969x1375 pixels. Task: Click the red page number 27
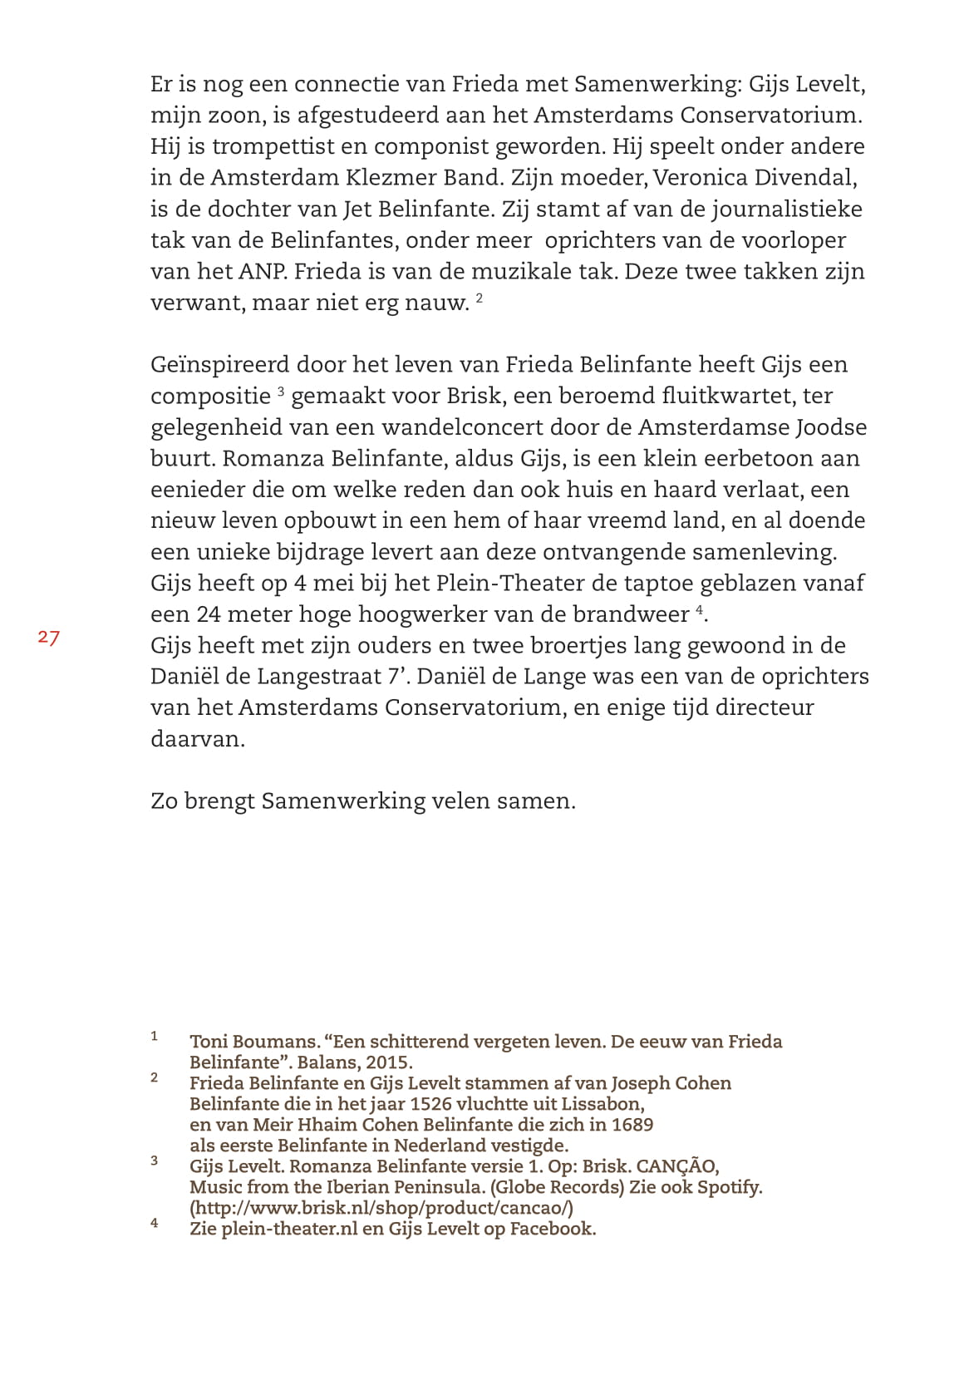[48, 638]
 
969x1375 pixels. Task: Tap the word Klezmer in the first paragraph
[402, 178]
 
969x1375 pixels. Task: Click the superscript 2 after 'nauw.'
[480, 298]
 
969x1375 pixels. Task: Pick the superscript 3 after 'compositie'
[281, 391]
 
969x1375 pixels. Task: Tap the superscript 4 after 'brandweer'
[700, 609]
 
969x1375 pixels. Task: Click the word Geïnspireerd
[219, 365]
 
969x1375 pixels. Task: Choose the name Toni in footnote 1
[209, 1042]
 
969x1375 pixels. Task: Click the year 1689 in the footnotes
[633, 1125]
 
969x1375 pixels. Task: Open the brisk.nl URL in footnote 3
[381, 1208]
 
